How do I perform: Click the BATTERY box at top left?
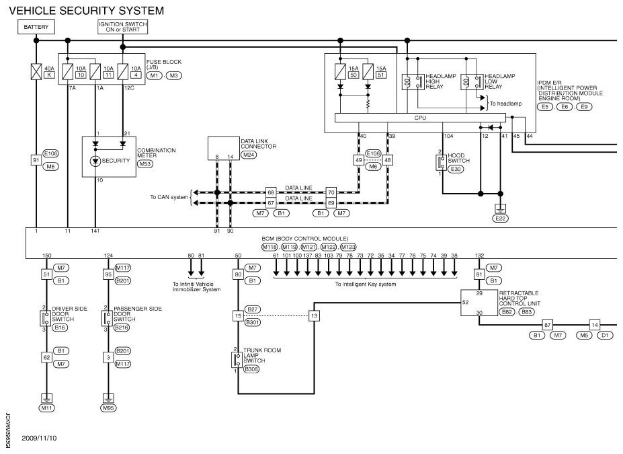tap(36, 27)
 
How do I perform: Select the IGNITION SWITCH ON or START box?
tap(123, 27)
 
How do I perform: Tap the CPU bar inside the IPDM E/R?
tap(420, 118)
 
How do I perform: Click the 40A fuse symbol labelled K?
tap(36, 71)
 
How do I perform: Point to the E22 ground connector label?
tap(500, 218)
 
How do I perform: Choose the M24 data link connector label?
tap(249, 155)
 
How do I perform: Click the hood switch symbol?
tap(441, 163)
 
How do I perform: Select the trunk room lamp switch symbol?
tap(237, 360)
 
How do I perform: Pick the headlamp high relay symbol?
tap(413, 82)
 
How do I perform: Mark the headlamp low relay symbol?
tap(472, 82)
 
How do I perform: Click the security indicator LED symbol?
tap(95, 161)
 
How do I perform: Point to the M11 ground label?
tap(46, 408)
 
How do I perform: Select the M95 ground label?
tap(108, 408)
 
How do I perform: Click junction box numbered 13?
tap(315, 316)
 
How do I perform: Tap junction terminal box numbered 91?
tap(36, 160)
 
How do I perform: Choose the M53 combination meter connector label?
tap(145, 164)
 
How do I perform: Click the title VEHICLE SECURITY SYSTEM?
tap(87, 11)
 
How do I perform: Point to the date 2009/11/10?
tap(40, 438)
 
